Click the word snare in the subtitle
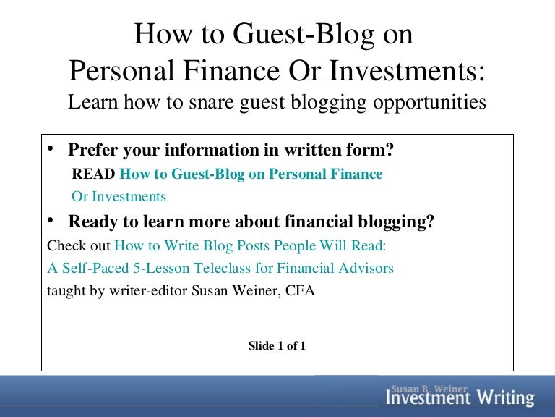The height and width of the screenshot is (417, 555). click(x=211, y=102)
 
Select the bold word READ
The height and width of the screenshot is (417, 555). click(x=93, y=174)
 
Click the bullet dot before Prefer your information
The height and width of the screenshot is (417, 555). click(x=51, y=148)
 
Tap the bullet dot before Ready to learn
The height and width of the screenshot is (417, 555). click(x=51, y=220)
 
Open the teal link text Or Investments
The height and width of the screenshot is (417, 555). click(x=119, y=197)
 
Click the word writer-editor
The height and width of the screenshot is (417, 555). click(x=148, y=291)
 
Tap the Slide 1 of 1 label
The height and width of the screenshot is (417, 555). click(x=277, y=346)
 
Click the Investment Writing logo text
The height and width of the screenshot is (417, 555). click(x=460, y=398)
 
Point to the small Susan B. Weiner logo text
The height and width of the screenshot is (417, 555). click(x=429, y=389)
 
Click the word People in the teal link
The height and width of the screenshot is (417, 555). click(x=295, y=245)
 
